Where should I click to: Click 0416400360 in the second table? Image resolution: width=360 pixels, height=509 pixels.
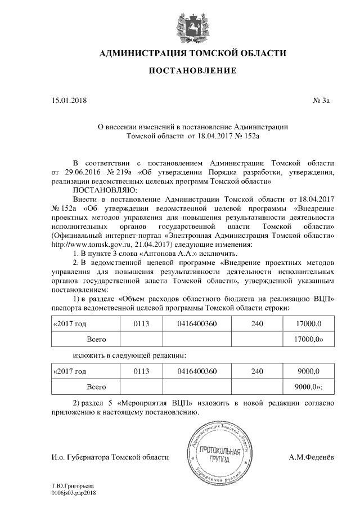196,372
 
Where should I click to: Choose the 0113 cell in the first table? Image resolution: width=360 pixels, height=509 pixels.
141,325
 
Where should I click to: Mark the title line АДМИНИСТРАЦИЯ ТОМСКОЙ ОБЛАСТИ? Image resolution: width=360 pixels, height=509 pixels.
192,53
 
